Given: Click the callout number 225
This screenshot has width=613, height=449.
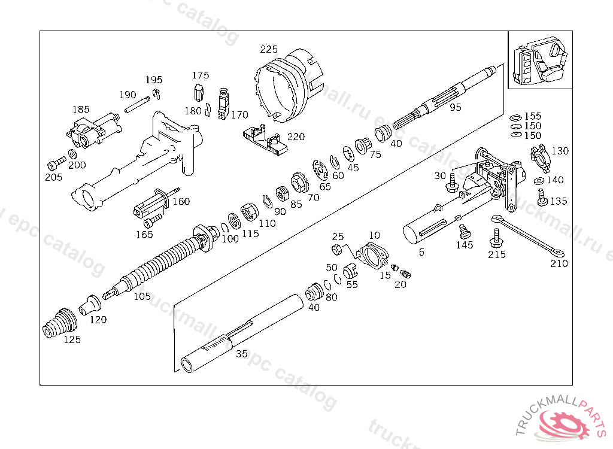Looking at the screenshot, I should point(269,49).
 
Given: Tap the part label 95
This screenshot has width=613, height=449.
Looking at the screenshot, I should point(456,107).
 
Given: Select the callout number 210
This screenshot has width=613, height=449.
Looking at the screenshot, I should point(559,263).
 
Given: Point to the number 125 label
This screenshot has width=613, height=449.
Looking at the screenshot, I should point(72,340).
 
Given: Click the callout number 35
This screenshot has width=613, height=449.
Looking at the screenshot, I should point(241,354).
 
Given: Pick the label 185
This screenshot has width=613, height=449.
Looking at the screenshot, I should point(81,110).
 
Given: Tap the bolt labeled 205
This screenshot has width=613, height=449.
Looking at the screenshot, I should point(57,162).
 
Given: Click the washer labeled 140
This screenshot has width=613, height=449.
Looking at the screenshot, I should point(538,180).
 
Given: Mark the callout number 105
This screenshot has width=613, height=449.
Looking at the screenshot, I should point(142,296).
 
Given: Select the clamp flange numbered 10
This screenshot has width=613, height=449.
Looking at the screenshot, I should point(372,255).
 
